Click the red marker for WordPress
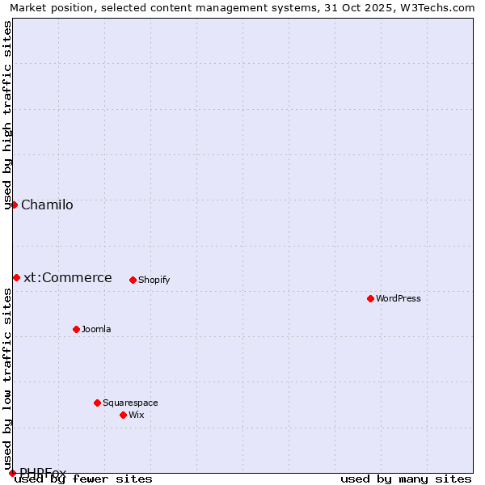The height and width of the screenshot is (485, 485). click(x=371, y=298)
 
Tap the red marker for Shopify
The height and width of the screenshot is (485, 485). click(x=133, y=280)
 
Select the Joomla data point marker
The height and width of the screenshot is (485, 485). click(x=77, y=329)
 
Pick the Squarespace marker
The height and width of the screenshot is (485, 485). click(x=98, y=403)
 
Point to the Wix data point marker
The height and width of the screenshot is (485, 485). click(x=124, y=415)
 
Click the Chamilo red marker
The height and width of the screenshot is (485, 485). click(x=14, y=205)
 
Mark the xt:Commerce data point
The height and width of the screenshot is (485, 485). click(x=16, y=277)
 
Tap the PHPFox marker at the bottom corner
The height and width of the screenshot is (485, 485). click(x=12, y=473)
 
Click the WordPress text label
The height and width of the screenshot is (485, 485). click(x=399, y=298)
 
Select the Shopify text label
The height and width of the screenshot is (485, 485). click(x=154, y=280)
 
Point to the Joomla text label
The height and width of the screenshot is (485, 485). click(x=96, y=329)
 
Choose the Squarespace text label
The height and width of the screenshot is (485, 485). click(x=130, y=403)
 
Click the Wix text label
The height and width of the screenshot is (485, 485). click(x=136, y=415)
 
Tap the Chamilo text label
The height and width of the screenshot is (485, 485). click(x=47, y=205)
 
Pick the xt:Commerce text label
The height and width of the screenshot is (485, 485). click(x=68, y=277)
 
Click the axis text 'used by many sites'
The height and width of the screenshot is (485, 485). click(x=406, y=479)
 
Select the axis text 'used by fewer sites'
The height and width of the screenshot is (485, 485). click(x=84, y=479)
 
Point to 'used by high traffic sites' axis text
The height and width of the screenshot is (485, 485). click(x=7, y=115)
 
